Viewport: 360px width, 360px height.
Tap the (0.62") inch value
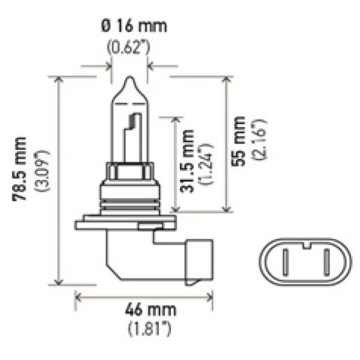pyautogui.click(x=130, y=48)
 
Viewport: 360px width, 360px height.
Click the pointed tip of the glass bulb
pyautogui.click(x=130, y=79)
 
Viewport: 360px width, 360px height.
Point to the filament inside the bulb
pyautogui.click(x=131, y=135)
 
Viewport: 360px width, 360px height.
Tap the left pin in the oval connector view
pyautogui.click(x=287, y=263)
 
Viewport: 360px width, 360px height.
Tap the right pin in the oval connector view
pyautogui.click(x=327, y=263)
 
